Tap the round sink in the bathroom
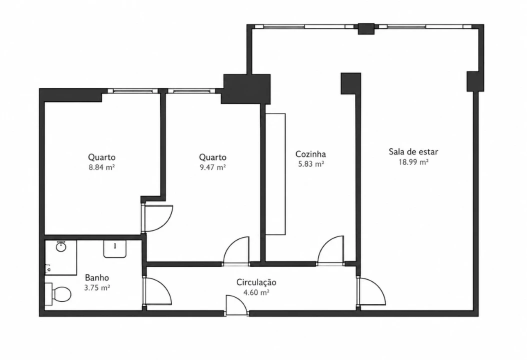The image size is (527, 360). pyautogui.click(x=61, y=247)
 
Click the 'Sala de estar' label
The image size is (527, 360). pyautogui.click(x=413, y=152)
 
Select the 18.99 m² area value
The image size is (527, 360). pyautogui.click(x=413, y=162)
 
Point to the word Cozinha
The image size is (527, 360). pyautogui.click(x=310, y=154)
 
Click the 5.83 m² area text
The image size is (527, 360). pyautogui.click(x=311, y=164)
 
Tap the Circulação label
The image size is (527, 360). pyautogui.click(x=256, y=282)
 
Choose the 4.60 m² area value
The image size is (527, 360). pyautogui.click(x=256, y=293)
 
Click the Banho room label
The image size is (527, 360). pyautogui.click(x=97, y=277)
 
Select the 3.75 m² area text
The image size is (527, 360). pyautogui.click(x=97, y=288)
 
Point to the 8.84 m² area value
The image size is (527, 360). pyautogui.click(x=102, y=167)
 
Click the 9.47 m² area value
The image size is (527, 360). pyautogui.click(x=212, y=167)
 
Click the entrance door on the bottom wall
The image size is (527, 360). pyautogui.click(x=236, y=305)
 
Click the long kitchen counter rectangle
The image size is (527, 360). pyautogui.click(x=275, y=174)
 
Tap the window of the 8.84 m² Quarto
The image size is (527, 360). pyautogui.click(x=132, y=91)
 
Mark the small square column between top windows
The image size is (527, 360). pyautogui.click(x=365, y=28)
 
